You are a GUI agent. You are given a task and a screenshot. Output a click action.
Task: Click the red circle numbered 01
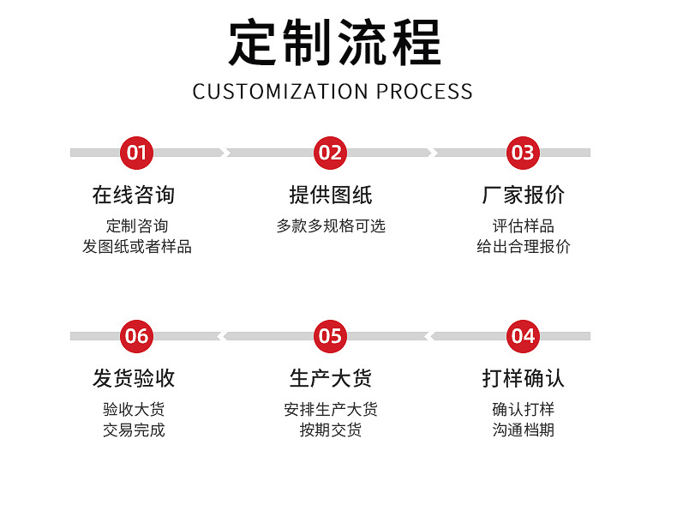point(137,153)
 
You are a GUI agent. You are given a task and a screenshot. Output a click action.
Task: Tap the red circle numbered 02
point(330,153)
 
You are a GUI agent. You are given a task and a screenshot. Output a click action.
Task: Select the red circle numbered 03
point(523,153)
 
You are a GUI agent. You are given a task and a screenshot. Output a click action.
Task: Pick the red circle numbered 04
point(523,336)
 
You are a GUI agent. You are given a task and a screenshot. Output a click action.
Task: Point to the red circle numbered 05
point(330,336)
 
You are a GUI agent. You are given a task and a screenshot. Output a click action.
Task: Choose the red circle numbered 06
point(137,336)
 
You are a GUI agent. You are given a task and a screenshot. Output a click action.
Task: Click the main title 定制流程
point(334,43)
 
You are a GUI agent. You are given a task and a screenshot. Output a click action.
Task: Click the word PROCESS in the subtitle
point(425,92)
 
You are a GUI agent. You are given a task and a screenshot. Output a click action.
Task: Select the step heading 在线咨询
point(134,195)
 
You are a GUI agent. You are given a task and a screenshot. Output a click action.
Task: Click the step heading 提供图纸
point(331,195)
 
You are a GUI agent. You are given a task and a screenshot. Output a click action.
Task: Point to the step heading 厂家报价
point(524,195)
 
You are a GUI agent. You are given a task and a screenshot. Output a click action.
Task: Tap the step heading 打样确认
point(524,378)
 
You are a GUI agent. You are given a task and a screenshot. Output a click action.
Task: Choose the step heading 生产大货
point(331,378)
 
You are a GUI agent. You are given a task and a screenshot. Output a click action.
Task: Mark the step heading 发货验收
point(134,378)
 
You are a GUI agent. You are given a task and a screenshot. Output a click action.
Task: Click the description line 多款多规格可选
point(331,226)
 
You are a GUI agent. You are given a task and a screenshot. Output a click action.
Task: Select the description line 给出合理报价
point(524,247)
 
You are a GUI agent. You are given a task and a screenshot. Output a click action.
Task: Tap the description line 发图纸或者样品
point(137,247)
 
